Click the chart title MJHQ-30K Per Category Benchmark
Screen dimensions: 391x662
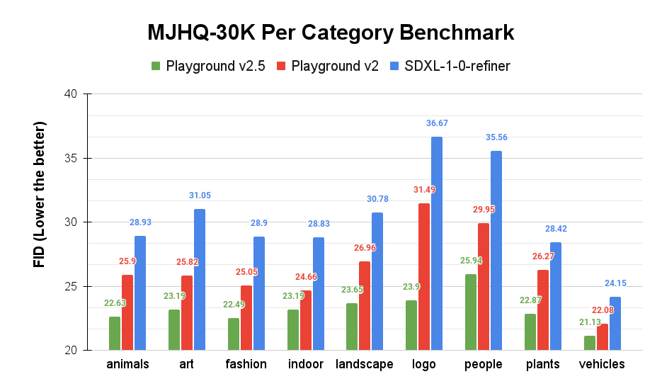(331, 33)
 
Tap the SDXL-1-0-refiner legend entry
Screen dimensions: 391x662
(450, 67)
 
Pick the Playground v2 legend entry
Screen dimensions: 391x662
(327, 67)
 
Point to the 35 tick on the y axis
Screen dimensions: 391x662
(72, 158)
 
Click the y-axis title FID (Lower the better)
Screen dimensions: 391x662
(40, 194)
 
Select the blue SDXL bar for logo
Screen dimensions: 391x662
(437, 244)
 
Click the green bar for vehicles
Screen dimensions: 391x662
(589, 343)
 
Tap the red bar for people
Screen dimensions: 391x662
(484, 287)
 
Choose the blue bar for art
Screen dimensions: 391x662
(200, 280)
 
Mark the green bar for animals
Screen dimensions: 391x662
(115, 334)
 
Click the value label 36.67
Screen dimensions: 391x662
(437, 123)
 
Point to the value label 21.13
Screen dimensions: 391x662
(589, 322)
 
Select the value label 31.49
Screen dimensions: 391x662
(424, 190)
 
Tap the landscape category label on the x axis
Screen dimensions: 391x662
(364, 364)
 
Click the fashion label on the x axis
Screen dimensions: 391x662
(246, 364)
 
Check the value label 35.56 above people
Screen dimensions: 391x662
(496, 137)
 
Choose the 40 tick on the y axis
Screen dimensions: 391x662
(72, 93)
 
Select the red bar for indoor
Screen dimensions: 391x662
(305, 320)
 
